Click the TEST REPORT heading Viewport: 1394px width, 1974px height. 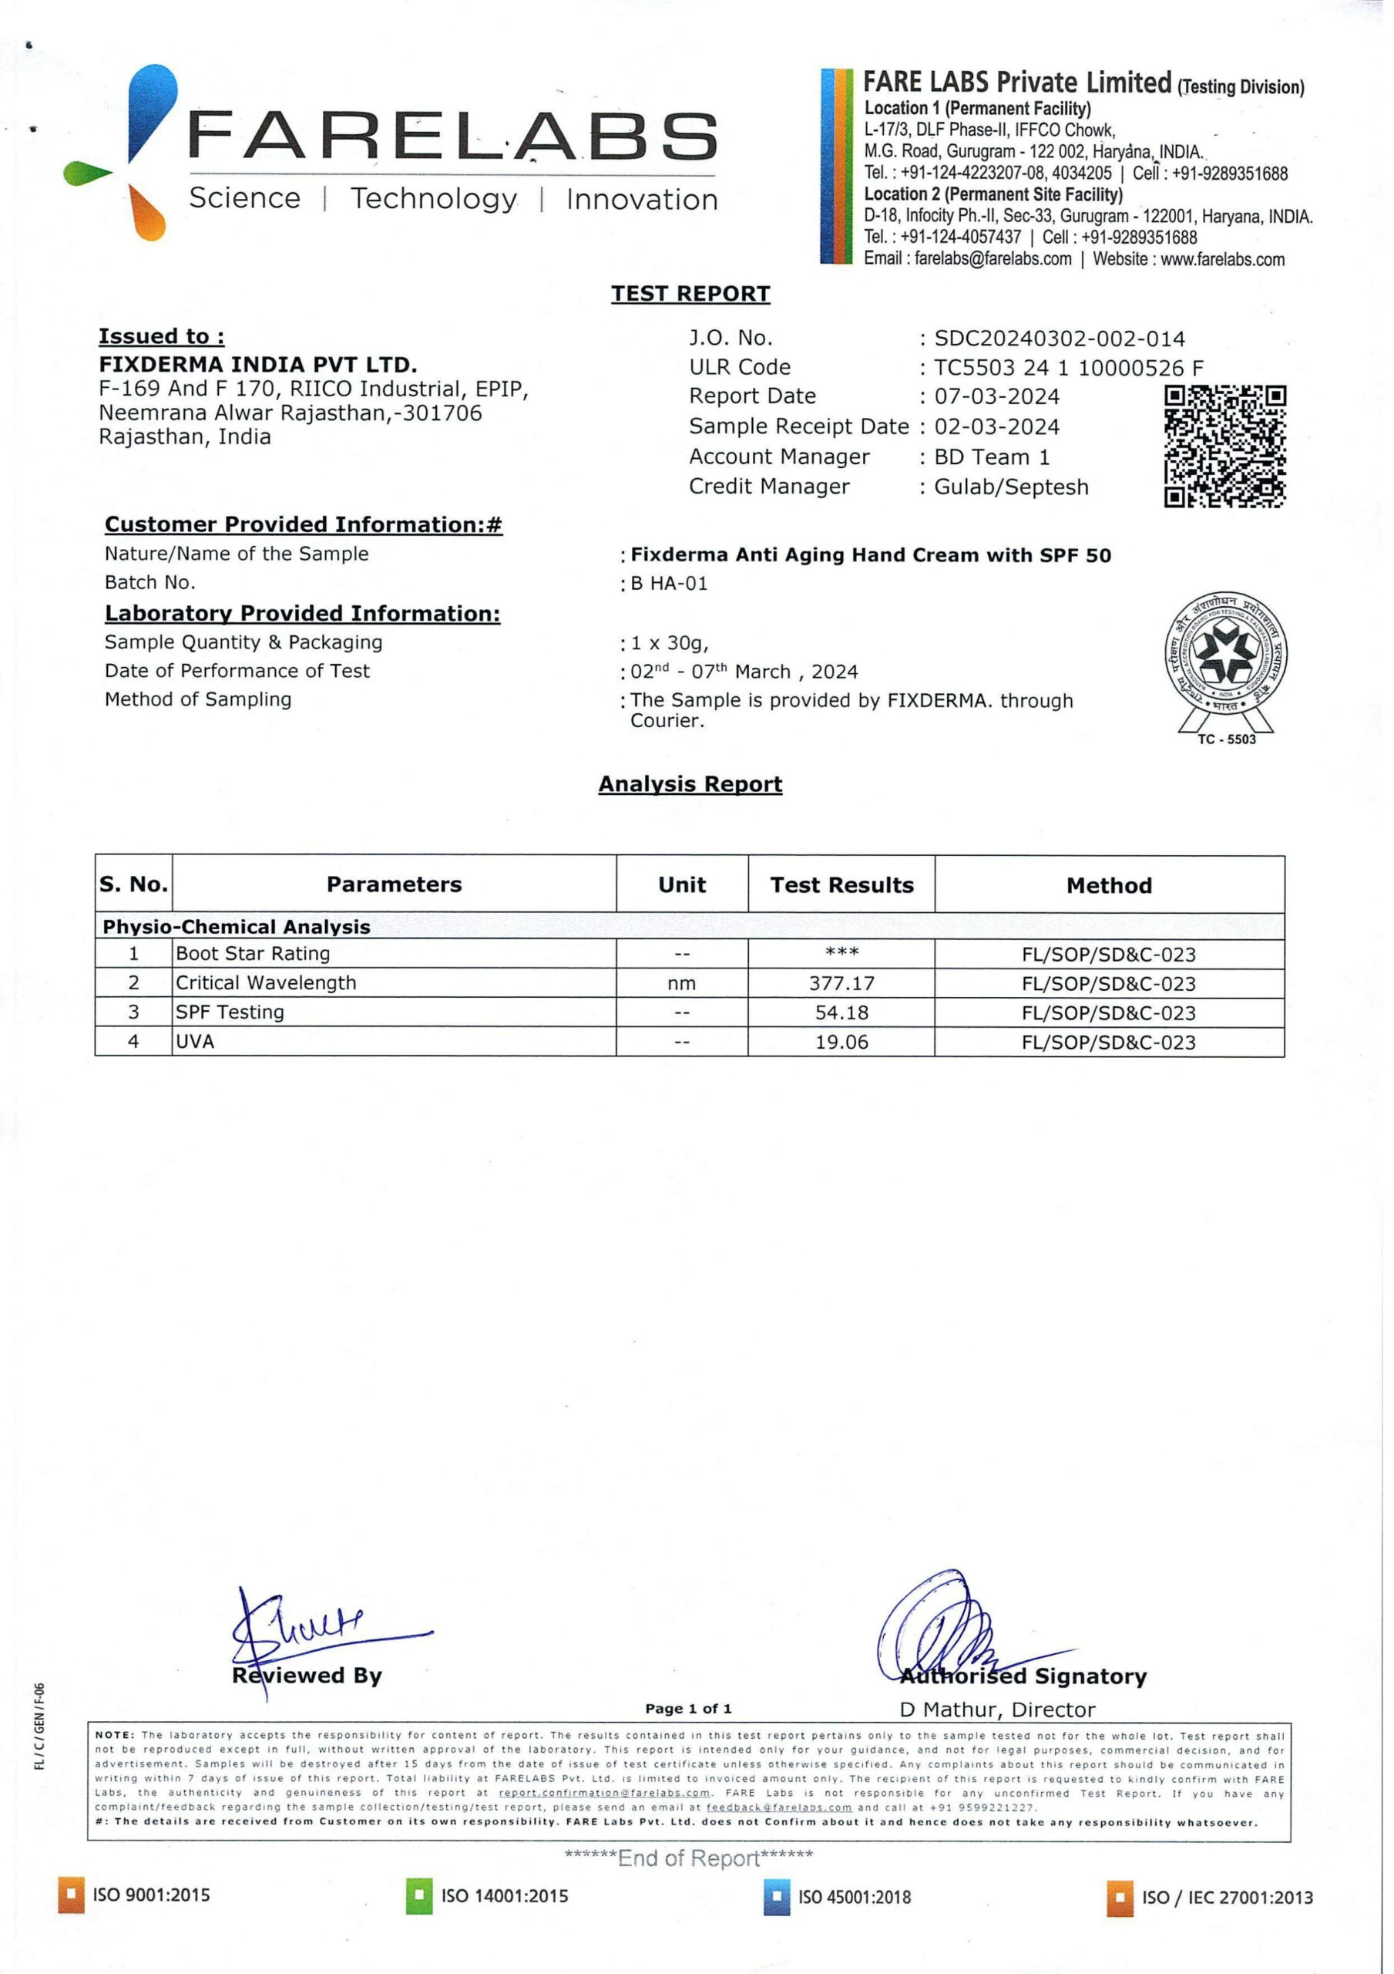tap(690, 294)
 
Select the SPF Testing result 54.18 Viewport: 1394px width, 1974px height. tap(841, 1012)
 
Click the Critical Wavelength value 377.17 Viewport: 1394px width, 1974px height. tap(841, 984)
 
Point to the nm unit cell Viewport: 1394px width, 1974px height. tap(681, 984)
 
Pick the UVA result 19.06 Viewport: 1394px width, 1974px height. tap(841, 1042)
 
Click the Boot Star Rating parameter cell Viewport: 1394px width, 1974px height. tap(253, 954)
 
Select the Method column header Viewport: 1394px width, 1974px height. tap(1109, 885)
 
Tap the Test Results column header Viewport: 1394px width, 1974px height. tap(841, 885)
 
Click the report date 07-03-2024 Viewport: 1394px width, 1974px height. tap(997, 397)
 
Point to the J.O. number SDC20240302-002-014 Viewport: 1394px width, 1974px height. tap(1059, 339)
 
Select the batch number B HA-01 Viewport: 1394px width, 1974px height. tap(669, 584)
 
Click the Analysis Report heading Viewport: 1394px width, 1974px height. tap(690, 784)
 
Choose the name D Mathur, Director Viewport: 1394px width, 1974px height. tap(997, 1710)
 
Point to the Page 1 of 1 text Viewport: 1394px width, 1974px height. tap(688, 1708)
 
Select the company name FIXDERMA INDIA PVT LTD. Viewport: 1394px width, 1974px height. tap(258, 365)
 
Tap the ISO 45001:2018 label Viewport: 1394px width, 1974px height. tap(855, 1897)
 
